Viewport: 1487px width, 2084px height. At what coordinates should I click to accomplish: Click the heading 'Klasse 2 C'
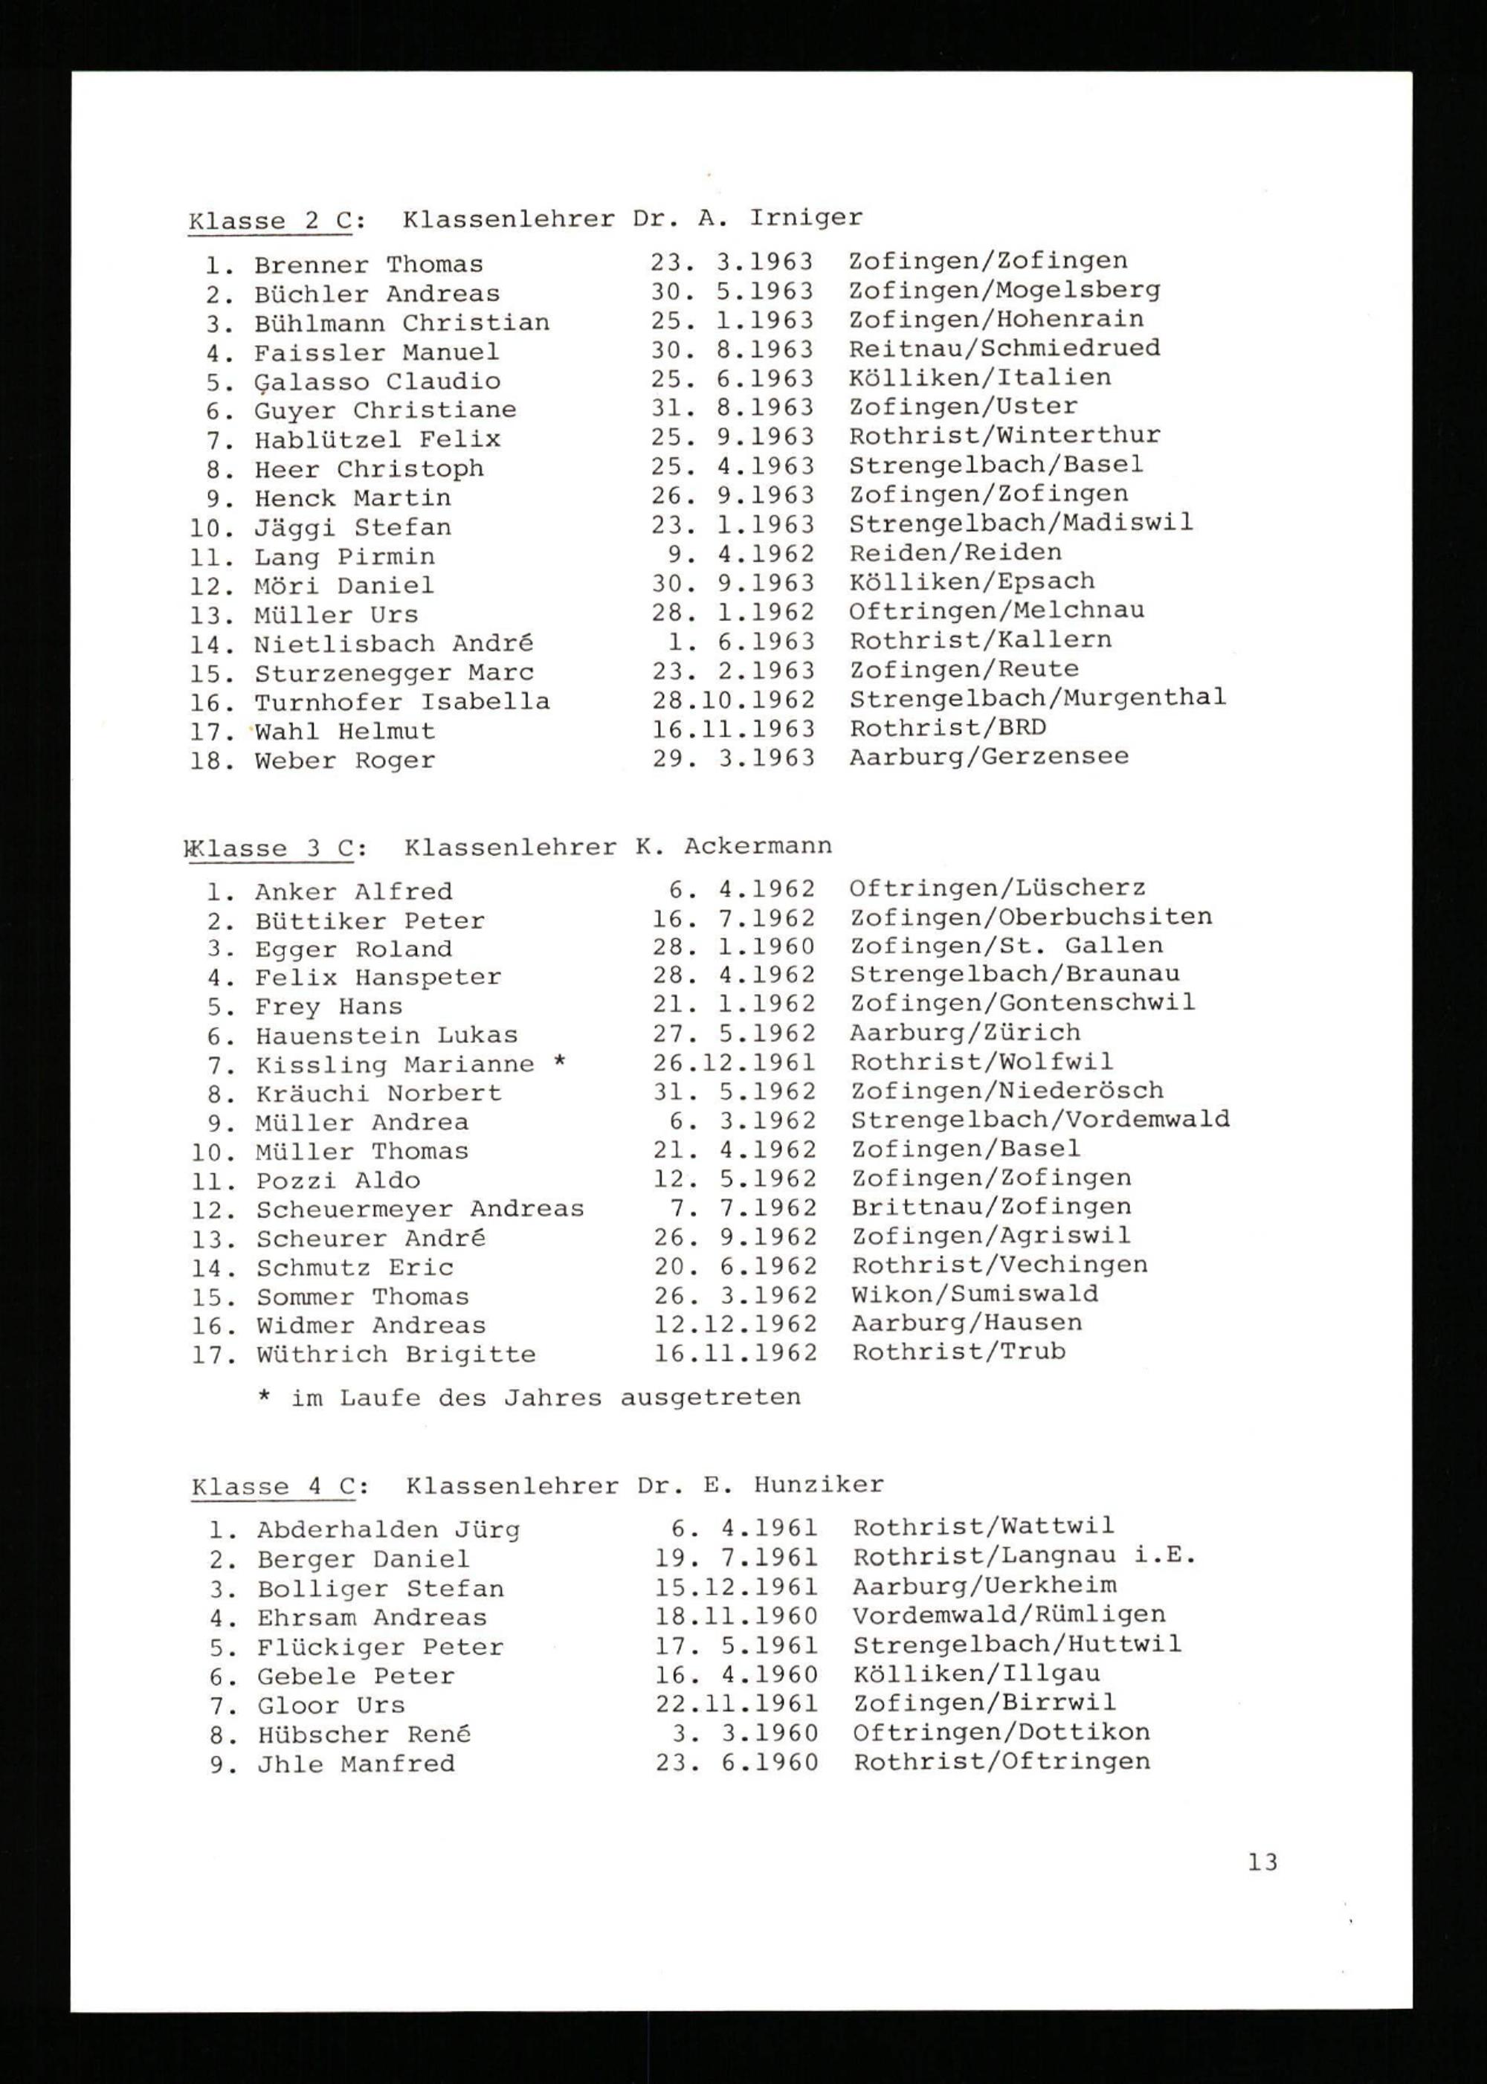(277, 221)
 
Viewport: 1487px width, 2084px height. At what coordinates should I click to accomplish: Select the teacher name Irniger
(805, 218)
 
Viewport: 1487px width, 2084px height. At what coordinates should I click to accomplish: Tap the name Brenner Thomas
(368, 265)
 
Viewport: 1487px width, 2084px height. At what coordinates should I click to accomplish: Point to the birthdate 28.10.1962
(732, 700)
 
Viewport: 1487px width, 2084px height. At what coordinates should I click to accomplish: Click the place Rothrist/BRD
(948, 728)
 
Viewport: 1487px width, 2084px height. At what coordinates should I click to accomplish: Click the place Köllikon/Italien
(980, 377)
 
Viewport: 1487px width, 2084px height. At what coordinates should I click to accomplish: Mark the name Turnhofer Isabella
(402, 703)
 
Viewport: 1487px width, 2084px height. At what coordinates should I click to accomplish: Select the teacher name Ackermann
(757, 846)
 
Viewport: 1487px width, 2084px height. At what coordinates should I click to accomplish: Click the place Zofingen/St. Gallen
(1006, 945)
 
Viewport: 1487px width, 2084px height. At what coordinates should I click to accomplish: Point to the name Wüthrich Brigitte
(396, 1354)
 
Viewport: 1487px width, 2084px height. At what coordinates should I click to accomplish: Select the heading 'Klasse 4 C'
(280, 1486)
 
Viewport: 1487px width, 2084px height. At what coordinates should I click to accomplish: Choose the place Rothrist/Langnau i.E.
(1025, 1555)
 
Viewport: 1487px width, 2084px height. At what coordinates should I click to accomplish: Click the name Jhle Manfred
(355, 1763)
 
